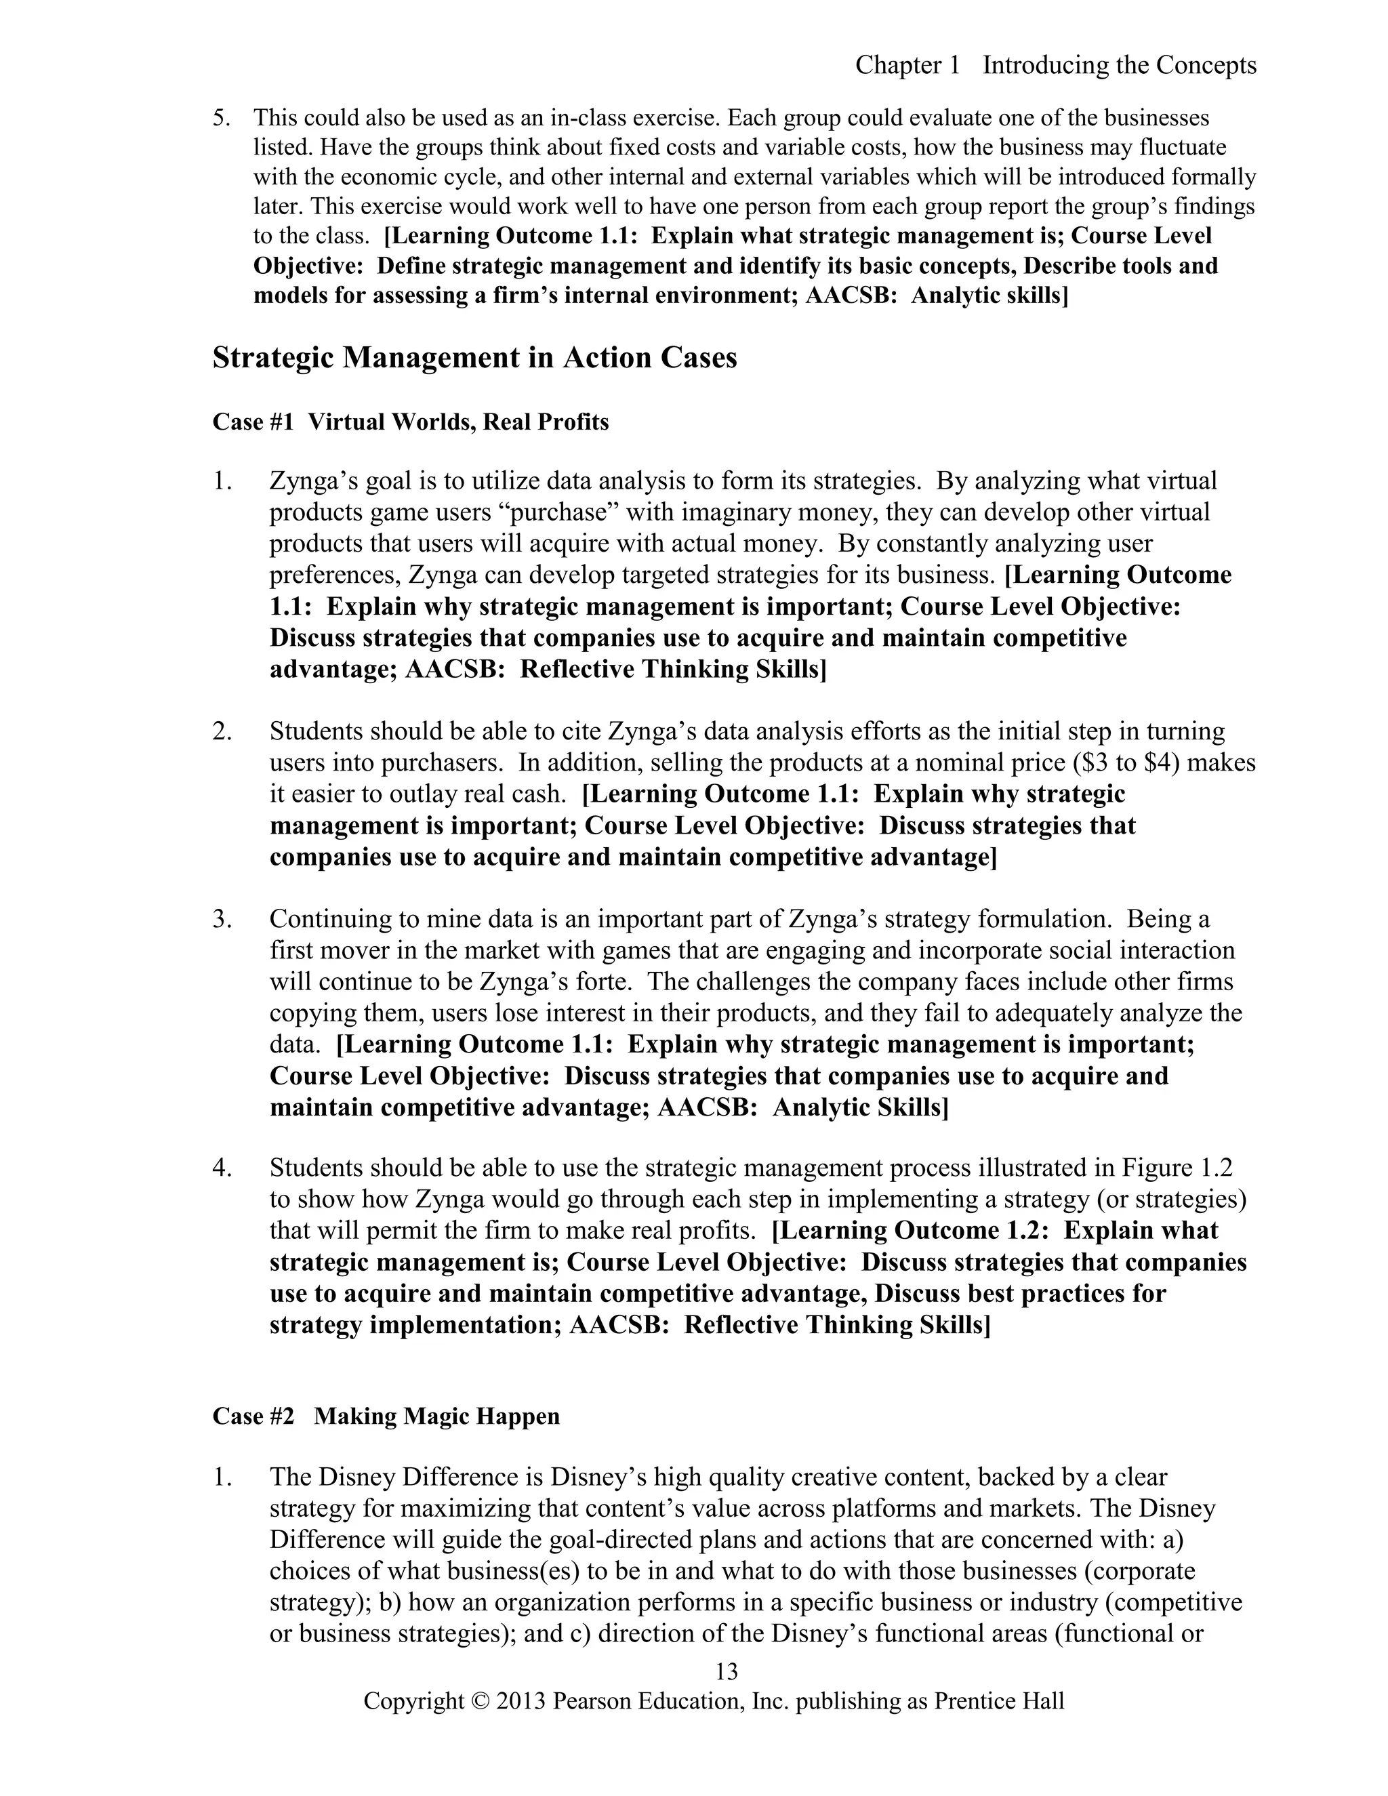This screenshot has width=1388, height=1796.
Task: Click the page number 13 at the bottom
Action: coord(727,1672)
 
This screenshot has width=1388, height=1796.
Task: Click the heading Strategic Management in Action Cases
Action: coord(474,358)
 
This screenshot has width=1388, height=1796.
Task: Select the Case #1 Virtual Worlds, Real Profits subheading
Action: coord(410,422)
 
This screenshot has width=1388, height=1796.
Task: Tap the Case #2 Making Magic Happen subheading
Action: coord(386,1416)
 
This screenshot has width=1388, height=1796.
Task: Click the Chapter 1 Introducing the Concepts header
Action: coord(1055,65)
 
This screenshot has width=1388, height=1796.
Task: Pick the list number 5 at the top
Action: coord(220,118)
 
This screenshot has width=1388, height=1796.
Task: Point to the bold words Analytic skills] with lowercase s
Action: coord(989,295)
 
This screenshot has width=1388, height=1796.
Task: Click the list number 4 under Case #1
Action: coord(221,1168)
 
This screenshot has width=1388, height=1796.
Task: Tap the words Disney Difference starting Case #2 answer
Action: coord(419,1477)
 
